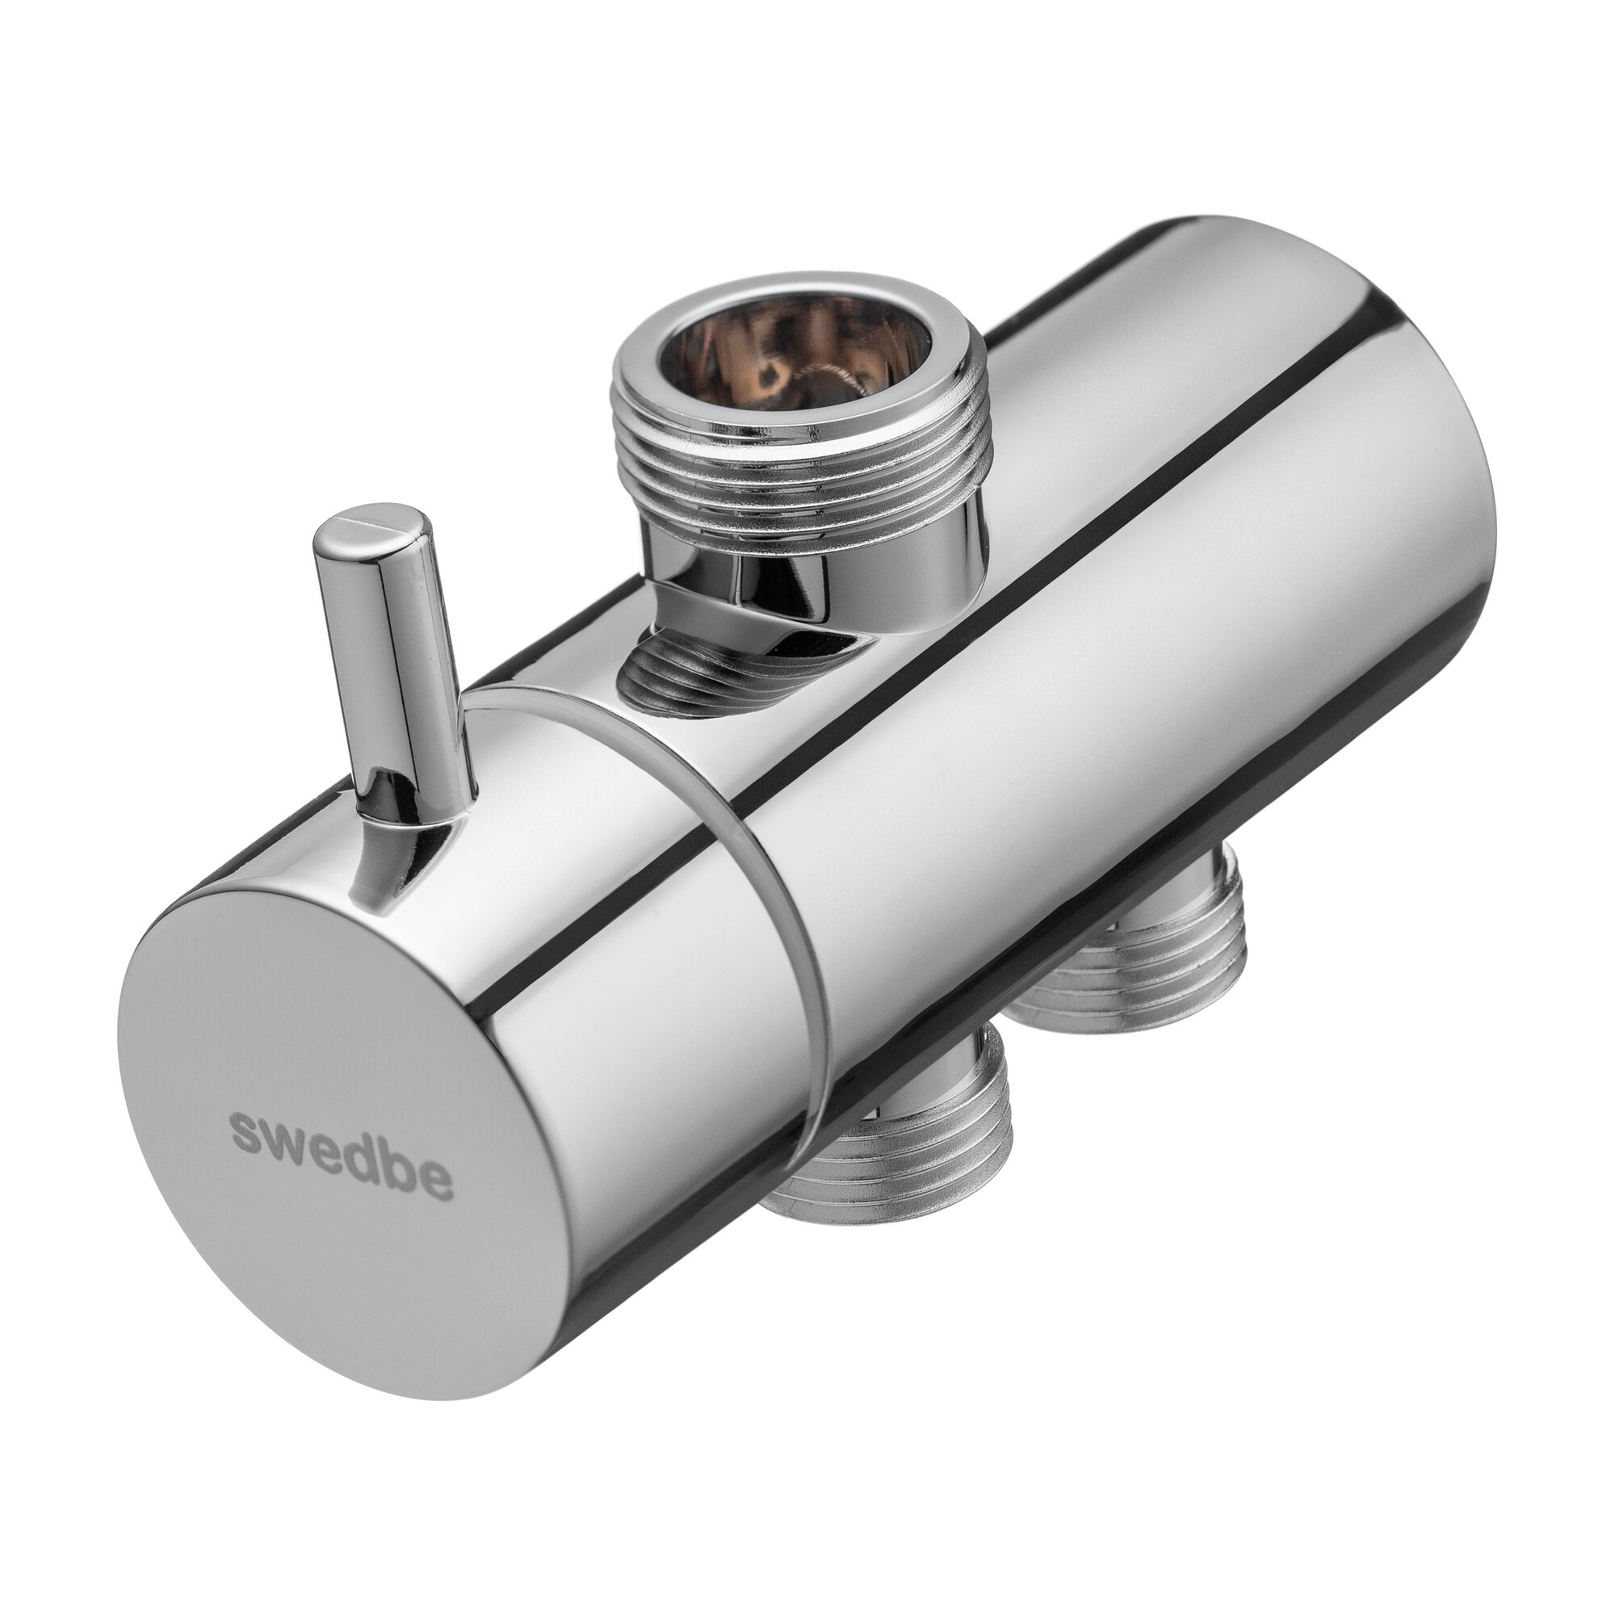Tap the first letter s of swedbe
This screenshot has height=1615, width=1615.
pyautogui.click(x=249, y=1130)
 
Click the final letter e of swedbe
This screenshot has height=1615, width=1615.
pyautogui.click(x=436, y=1185)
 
